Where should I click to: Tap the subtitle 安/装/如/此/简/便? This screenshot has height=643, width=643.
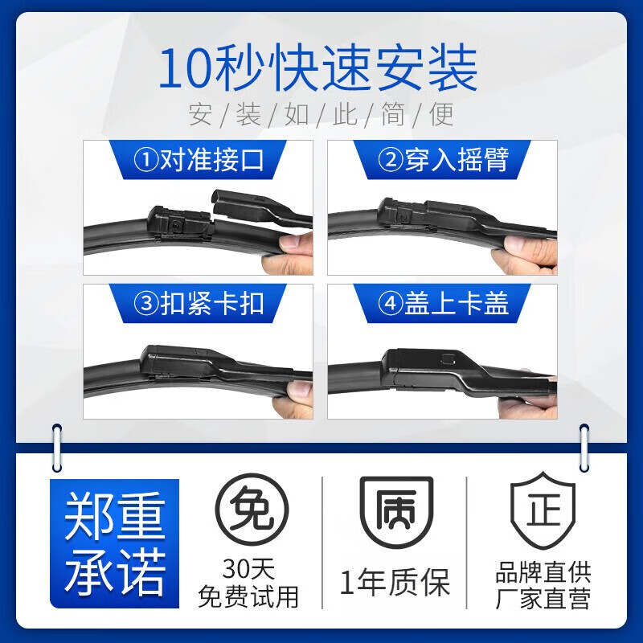pyautogui.click(x=321, y=115)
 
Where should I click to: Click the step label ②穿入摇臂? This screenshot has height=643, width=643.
pyautogui.click(x=443, y=160)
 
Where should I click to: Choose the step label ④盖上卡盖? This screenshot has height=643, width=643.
pyautogui.click(x=443, y=304)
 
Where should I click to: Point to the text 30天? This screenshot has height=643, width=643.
pyautogui.click(x=251, y=571)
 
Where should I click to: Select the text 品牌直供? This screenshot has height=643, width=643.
pyautogui.click(x=543, y=572)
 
